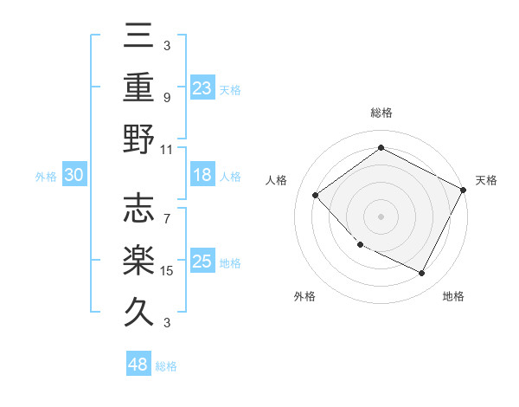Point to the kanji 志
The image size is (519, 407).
138,208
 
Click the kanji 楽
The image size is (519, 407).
138,260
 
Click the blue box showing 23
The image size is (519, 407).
202,88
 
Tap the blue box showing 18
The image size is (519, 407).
202,176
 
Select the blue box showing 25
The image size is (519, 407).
202,262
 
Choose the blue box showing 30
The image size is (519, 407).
74,176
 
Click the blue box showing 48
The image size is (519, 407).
138,365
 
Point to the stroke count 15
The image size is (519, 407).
168,271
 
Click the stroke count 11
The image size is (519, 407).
168,149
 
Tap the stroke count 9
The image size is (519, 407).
167,97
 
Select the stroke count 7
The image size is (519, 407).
167,210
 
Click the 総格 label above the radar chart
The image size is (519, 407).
381,113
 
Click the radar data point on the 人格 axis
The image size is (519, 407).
316,195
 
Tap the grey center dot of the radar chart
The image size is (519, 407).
381,216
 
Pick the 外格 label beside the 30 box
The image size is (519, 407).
46,177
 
